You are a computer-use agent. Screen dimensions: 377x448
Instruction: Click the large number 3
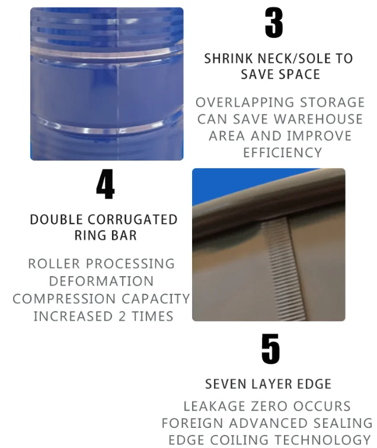274,23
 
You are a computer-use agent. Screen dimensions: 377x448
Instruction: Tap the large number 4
106,184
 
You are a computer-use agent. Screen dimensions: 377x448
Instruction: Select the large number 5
271,349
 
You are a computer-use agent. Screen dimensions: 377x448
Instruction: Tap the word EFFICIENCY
283,152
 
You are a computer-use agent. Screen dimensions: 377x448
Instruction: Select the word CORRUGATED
132,219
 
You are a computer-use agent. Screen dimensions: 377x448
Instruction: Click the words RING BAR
106,235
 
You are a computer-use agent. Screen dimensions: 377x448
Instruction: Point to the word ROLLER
54,264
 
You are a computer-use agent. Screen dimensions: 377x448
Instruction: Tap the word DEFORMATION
101,281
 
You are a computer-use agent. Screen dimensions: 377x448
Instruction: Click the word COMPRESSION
64,299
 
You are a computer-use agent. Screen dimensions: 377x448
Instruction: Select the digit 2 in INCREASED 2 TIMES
122,316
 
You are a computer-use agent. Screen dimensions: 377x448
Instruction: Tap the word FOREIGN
192,423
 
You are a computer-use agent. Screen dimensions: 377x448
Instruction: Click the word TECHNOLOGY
322,440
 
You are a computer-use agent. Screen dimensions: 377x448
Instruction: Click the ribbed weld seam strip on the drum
285,268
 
